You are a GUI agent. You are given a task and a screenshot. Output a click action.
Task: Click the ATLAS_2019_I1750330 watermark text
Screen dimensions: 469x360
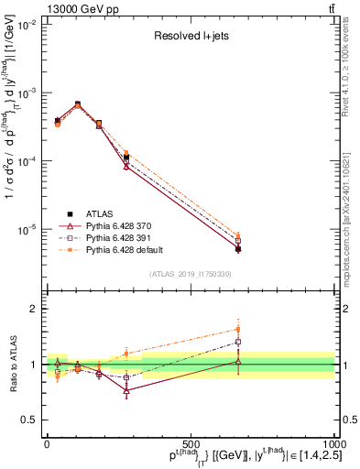(x=191, y=273)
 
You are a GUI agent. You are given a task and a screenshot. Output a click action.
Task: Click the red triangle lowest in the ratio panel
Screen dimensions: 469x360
(x=126, y=390)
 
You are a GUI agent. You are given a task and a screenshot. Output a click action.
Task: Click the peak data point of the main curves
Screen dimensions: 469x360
(x=77, y=104)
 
